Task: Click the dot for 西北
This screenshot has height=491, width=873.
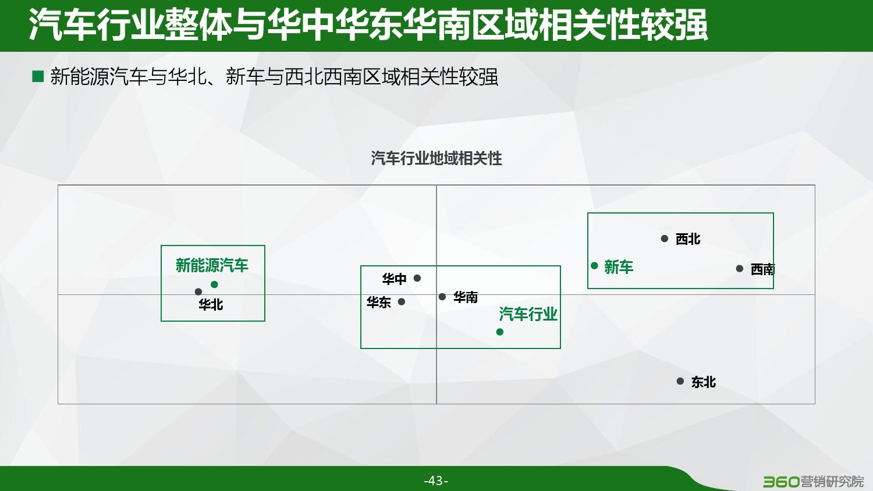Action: (x=665, y=239)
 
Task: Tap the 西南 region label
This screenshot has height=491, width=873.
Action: (x=762, y=269)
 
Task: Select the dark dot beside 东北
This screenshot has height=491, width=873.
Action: (x=680, y=381)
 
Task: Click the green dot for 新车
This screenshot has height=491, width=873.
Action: (x=594, y=266)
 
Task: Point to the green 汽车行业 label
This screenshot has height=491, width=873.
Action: (x=528, y=314)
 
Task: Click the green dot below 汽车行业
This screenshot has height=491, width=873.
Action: (x=499, y=332)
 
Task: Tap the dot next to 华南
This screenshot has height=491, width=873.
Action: (x=442, y=297)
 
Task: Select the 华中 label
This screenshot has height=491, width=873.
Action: (x=394, y=279)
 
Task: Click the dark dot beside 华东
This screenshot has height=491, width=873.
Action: (x=402, y=301)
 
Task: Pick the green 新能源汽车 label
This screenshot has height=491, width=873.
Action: (x=212, y=265)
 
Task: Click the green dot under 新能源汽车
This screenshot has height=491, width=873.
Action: (x=214, y=284)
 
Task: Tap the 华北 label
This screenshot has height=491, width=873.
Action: (x=211, y=305)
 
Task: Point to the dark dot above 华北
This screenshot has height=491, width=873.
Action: (x=198, y=291)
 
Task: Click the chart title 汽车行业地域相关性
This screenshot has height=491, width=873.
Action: (x=436, y=159)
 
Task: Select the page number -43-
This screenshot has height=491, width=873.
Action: (x=436, y=481)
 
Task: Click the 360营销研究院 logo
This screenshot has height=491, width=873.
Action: (x=813, y=482)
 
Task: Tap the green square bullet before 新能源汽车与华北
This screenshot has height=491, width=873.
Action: (x=38, y=76)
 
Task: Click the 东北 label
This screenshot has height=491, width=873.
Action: (x=704, y=382)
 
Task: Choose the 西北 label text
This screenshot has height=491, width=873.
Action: (x=688, y=239)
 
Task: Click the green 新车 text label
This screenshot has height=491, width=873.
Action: (x=619, y=268)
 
